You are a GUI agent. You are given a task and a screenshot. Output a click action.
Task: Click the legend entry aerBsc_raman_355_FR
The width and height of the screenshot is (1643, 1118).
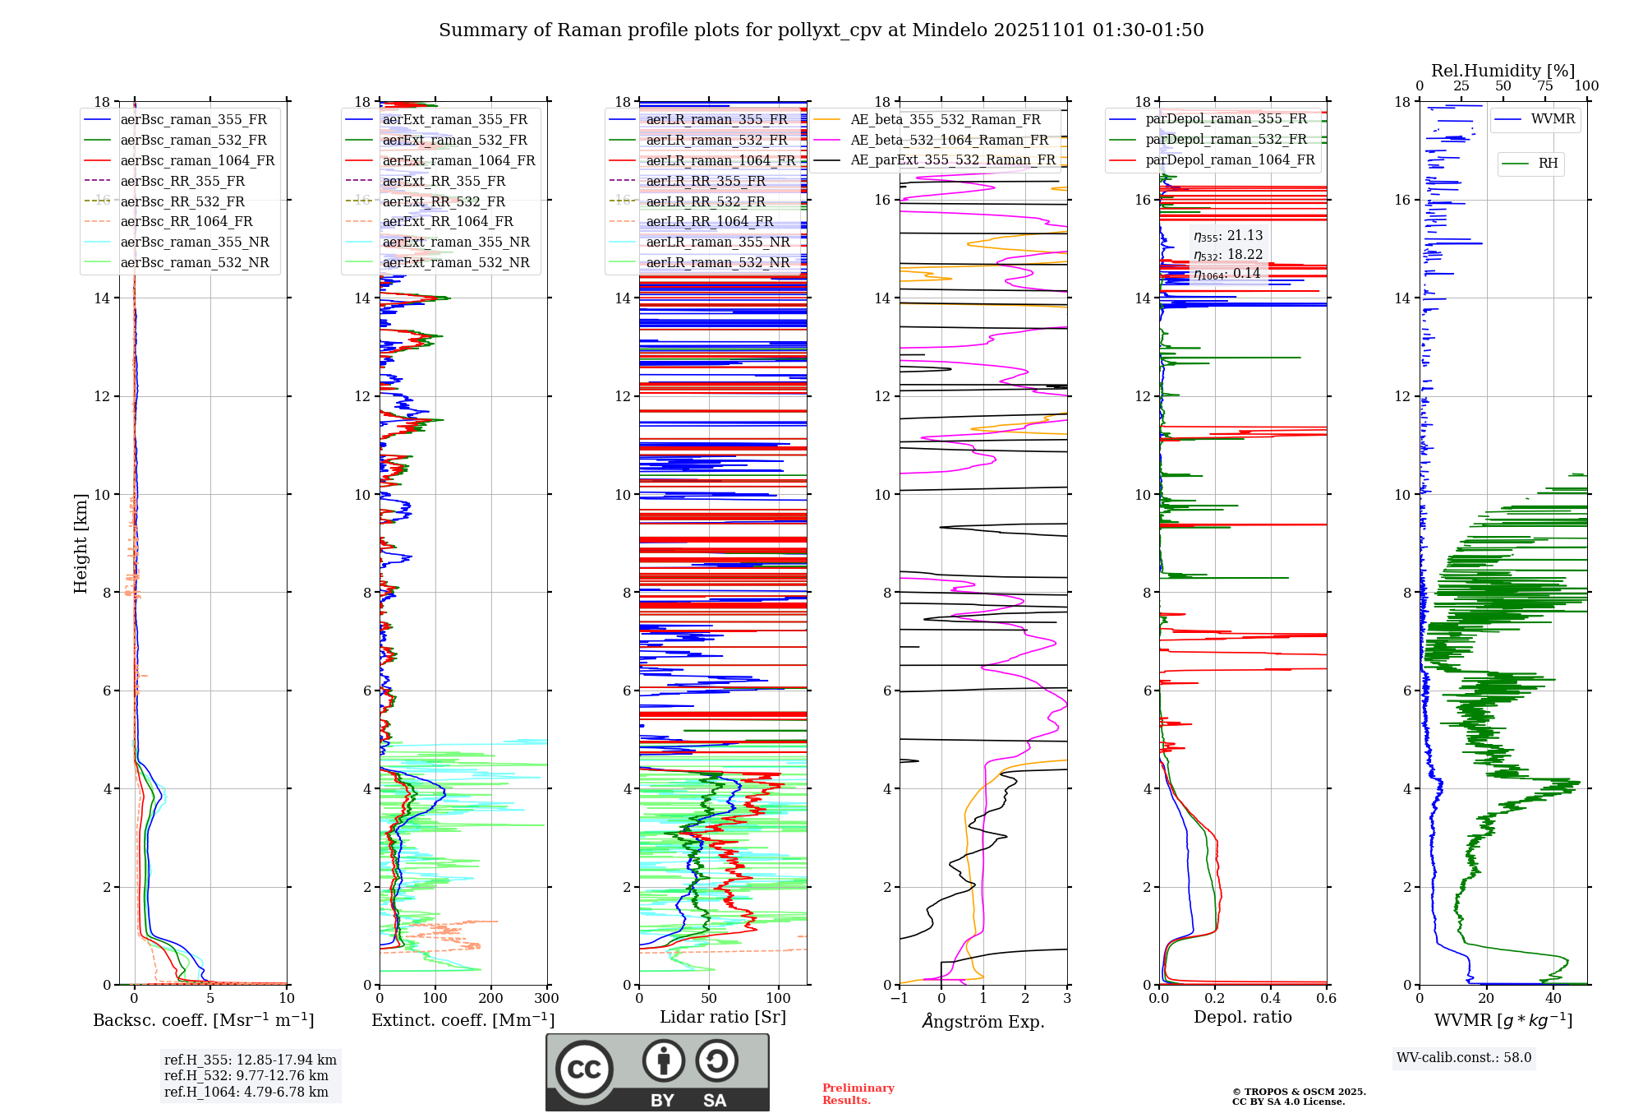pyautogui.click(x=193, y=120)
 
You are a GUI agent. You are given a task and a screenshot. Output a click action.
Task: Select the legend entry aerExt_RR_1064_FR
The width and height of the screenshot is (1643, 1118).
pyautogui.click(x=447, y=222)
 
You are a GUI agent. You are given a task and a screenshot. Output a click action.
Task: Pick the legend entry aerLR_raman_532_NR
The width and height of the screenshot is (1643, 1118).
pyautogui.click(x=717, y=263)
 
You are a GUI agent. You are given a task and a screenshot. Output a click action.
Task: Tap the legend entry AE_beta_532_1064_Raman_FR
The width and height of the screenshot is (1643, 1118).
pyautogui.click(x=949, y=141)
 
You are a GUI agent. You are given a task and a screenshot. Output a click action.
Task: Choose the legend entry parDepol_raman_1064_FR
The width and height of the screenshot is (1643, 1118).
pyautogui.click(x=1230, y=160)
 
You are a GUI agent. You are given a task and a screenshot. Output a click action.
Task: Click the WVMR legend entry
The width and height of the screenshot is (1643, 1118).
pyautogui.click(x=1552, y=119)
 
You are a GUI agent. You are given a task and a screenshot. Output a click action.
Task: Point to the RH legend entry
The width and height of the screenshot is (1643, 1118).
pyautogui.click(x=1548, y=164)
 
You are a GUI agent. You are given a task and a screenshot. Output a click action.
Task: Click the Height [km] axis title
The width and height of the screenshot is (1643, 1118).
pyautogui.click(x=81, y=543)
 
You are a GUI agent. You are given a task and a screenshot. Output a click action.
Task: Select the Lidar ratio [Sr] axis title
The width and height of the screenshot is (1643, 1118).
pyautogui.click(x=723, y=1017)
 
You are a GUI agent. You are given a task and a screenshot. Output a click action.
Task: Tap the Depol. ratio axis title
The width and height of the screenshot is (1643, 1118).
pyautogui.click(x=1242, y=1017)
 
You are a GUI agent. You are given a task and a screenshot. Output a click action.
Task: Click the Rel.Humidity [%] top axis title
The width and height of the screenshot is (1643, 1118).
pyautogui.click(x=1503, y=71)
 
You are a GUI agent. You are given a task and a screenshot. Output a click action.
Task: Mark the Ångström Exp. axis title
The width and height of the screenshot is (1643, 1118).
pyautogui.click(x=983, y=1022)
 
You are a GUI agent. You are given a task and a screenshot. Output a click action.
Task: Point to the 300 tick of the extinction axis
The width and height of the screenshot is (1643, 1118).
pyautogui.click(x=546, y=999)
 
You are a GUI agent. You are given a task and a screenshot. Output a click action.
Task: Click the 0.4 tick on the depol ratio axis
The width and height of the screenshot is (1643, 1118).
pyautogui.click(x=1270, y=999)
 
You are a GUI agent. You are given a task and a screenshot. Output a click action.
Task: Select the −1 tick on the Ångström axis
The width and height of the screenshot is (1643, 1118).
pyautogui.click(x=900, y=999)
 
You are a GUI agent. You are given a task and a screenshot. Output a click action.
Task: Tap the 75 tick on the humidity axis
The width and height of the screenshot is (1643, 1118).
pyautogui.click(x=1545, y=86)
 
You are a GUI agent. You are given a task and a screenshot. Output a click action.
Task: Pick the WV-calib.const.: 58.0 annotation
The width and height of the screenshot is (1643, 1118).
pyautogui.click(x=1464, y=1058)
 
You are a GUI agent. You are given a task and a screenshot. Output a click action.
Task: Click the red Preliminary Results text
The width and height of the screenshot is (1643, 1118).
pyautogui.click(x=858, y=1094)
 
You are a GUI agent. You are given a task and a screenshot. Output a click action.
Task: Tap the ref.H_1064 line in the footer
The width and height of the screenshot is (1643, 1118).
pyautogui.click(x=246, y=1093)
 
